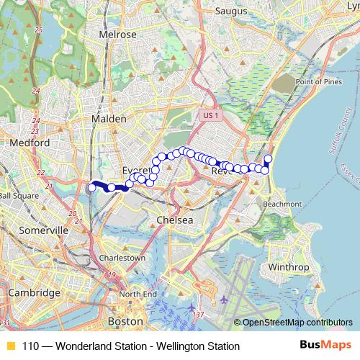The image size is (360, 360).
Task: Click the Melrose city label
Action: [x=118, y=34]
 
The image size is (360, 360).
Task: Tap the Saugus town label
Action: [x=231, y=12]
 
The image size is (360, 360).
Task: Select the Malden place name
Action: [x=109, y=119]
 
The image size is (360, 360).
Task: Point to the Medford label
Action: [x=30, y=143]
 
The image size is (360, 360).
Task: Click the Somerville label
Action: [x=44, y=230]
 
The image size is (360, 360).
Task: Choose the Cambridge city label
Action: [x=35, y=293]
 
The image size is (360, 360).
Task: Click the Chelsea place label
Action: [x=175, y=220]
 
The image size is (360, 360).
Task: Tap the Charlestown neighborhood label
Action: [x=122, y=257]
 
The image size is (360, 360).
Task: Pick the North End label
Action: [x=138, y=294]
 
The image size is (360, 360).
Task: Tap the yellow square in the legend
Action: [x=10, y=346]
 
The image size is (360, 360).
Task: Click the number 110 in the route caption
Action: [x=31, y=346]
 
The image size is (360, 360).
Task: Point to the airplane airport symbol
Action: [x=224, y=298]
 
